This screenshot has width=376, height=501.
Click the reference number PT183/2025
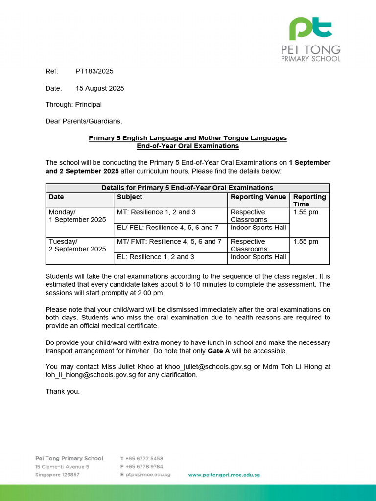(x=94, y=71)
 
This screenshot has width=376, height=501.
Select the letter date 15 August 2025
(x=99, y=89)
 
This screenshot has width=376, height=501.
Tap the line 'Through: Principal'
(x=73, y=105)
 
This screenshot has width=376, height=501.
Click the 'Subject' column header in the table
(x=130, y=197)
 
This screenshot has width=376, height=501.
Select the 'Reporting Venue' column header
(x=258, y=197)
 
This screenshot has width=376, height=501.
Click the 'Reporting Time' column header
(x=309, y=201)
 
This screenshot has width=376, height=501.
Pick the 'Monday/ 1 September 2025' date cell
(x=77, y=216)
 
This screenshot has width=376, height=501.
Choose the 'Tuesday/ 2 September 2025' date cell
(x=77, y=246)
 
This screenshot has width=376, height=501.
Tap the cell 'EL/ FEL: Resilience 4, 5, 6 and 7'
(x=168, y=228)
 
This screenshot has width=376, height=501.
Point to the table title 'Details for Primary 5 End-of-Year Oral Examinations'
(x=187, y=188)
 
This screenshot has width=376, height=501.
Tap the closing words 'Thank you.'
(x=62, y=391)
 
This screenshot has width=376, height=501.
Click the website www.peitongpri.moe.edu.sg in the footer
(x=224, y=475)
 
